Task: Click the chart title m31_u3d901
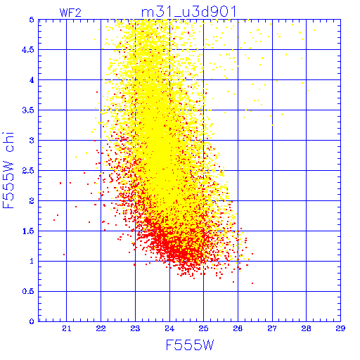tap(188, 12)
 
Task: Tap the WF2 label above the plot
tap(70, 13)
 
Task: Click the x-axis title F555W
tap(190, 345)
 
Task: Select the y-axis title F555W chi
tap(8, 170)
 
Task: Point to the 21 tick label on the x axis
tap(67, 328)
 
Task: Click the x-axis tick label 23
tap(135, 328)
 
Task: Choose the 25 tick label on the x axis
tap(203, 328)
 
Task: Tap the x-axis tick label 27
tap(272, 328)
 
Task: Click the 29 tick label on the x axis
tap(340, 328)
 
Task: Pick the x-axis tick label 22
tap(101, 328)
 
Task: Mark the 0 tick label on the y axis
tap(32, 321)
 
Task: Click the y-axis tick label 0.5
tap(28, 291)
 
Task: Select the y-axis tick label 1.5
tap(28, 231)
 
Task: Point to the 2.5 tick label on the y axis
tap(28, 171)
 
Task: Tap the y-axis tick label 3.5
tap(28, 110)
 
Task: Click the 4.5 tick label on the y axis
tap(28, 50)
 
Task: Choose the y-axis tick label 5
tap(32, 20)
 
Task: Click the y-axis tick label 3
tap(32, 141)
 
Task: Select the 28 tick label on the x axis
tap(306, 328)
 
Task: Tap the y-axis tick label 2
tap(32, 201)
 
